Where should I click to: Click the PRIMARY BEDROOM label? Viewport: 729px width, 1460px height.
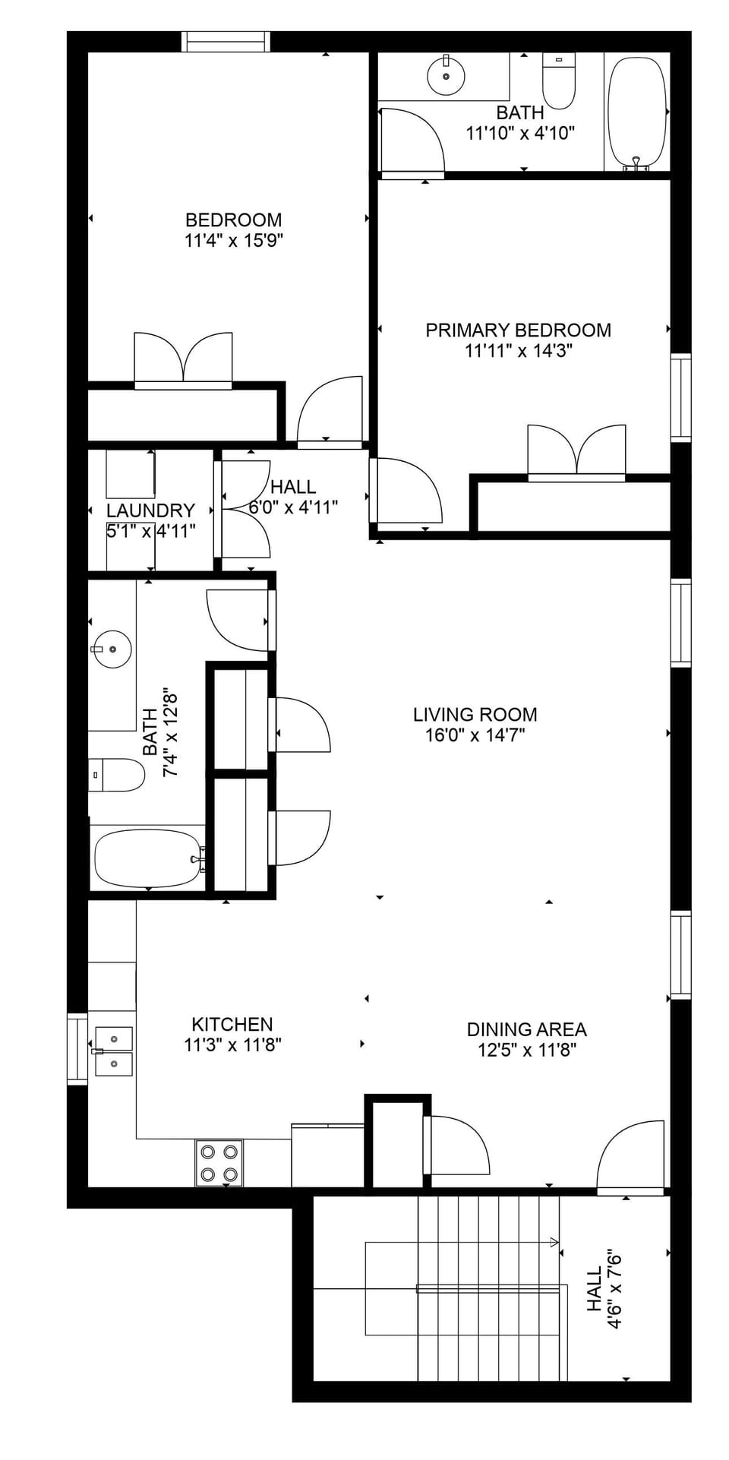tap(518, 330)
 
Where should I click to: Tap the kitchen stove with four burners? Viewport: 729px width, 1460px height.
tap(219, 1162)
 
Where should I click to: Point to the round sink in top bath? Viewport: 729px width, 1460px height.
tap(446, 76)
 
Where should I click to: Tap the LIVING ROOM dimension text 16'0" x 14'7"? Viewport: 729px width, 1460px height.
tap(475, 735)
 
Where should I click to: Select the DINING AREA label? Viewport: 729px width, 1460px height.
tap(526, 1029)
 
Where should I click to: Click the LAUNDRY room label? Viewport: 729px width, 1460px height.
tap(150, 510)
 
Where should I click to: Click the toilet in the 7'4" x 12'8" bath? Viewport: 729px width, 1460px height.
tap(118, 775)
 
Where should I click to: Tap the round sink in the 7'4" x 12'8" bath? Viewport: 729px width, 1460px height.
tap(112, 649)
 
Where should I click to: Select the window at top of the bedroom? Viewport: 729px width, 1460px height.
tap(226, 42)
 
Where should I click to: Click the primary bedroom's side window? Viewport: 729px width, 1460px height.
tap(680, 397)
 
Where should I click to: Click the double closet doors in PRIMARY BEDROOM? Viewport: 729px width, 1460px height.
tap(576, 452)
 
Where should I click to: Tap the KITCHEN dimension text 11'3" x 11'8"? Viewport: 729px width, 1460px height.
tap(232, 1045)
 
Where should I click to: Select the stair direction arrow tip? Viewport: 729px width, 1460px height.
tap(556, 1243)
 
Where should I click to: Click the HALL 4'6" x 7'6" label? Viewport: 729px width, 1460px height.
tap(604, 1289)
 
